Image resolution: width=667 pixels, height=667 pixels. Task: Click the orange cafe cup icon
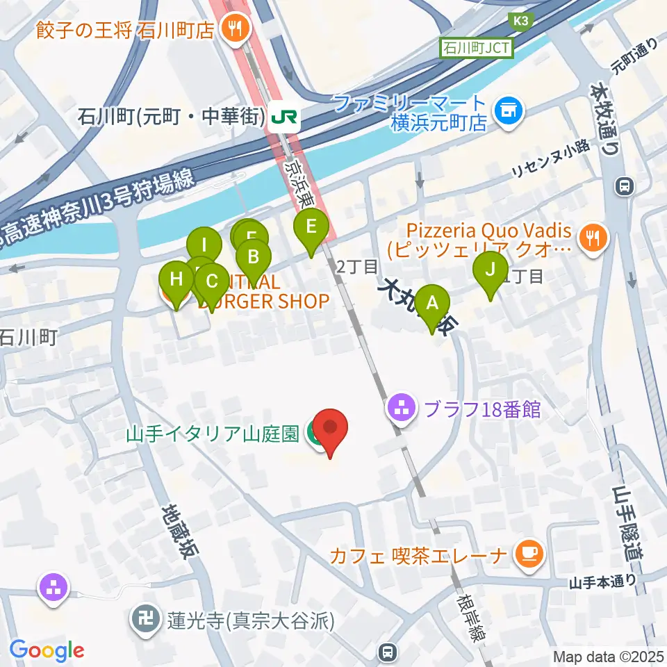coord(529,554)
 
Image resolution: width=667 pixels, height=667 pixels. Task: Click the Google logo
coord(47,650)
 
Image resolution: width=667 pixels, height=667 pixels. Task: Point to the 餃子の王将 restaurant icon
coord(230,29)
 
